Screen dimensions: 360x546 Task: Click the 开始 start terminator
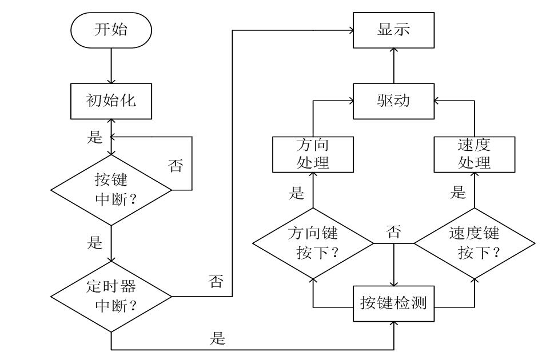(x=111, y=30)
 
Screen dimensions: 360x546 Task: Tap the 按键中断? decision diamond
(x=111, y=190)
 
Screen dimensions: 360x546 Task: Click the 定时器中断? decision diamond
(x=111, y=296)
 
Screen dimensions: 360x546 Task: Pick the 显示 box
(x=393, y=30)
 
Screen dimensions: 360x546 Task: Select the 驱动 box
(x=393, y=101)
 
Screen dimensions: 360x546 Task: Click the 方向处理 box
(x=313, y=153)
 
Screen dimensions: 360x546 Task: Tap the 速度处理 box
(x=474, y=153)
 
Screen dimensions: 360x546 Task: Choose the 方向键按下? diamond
(x=313, y=243)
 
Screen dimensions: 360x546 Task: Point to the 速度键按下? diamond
(x=474, y=243)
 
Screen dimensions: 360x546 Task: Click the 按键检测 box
(x=393, y=302)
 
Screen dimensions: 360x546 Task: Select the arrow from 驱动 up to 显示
(x=393, y=65)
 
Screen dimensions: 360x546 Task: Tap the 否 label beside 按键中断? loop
(x=176, y=166)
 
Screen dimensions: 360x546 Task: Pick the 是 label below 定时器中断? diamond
(x=217, y=338)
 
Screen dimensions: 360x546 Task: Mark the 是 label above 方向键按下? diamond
(x=296, y=193)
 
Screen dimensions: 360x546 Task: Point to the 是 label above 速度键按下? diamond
(x=457, y=193)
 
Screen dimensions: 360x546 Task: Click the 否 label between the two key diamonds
(x=393, y=231)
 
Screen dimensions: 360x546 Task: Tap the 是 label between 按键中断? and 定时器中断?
(x=94, y=242)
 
